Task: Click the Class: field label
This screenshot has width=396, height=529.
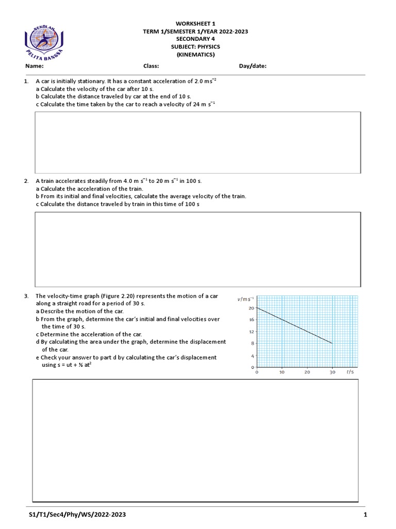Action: coord(151,66)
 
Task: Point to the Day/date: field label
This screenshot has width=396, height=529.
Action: coord(253,66)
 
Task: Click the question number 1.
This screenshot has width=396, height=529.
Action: coord(26,82)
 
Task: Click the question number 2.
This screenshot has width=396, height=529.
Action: coord(26,181)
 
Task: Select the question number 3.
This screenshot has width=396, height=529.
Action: coord(26,296)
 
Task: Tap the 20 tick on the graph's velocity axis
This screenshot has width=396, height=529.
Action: coord(251,308)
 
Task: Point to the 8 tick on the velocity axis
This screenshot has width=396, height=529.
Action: coord(253,344)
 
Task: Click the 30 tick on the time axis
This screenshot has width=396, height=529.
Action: coord(332,372)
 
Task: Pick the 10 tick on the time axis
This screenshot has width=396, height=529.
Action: coord(282,372)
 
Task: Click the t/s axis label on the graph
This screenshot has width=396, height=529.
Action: coord(350,372)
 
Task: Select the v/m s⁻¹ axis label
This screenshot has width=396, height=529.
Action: coord(245,299)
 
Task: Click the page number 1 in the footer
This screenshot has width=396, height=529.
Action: coord(365,515)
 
